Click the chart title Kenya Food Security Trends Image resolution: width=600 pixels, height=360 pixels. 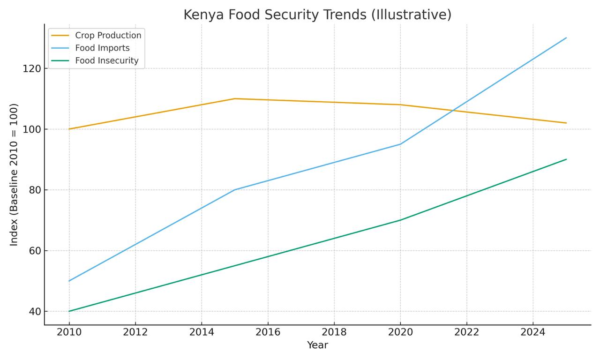click(x=317, y=15)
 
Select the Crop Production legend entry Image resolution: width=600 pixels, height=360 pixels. click(x=108, y=36)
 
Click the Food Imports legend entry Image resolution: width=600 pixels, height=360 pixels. click(x=102, y=48)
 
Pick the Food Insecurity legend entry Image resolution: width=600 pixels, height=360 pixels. click(x=106, y=60)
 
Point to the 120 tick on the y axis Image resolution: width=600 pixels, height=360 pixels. click(x=31, y=68)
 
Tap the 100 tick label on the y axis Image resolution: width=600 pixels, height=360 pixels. click(x=31, y=129)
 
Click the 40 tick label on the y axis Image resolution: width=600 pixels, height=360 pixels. click(x=34, y=312)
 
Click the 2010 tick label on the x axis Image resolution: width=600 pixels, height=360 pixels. click(x=69, y=333)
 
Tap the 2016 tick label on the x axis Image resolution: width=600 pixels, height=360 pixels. click(x=268, y=333)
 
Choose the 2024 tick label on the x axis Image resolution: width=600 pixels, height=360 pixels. click(x=533, y=333)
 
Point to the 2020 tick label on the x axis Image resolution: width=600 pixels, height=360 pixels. click(x=400, y=333)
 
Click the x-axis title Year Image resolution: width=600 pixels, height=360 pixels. click(x=317, y=345)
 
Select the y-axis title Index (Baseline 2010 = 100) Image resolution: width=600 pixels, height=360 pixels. click(x=14, y=174)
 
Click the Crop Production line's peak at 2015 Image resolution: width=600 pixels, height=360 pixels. click(x=235, y=98)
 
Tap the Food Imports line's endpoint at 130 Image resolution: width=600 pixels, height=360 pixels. click(x=566, y=38)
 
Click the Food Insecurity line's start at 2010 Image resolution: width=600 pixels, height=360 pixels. click(x=69, y=311)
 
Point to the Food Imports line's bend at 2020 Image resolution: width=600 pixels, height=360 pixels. click(x=400, y=144)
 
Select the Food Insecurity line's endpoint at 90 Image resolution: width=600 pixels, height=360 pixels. click(x=566, y=159)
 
